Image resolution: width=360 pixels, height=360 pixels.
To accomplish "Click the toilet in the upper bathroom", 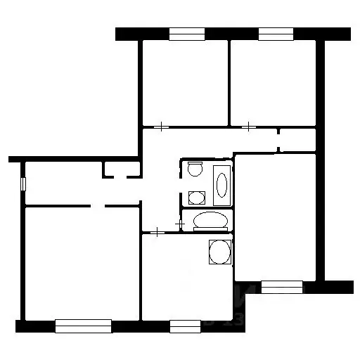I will click(195, 169).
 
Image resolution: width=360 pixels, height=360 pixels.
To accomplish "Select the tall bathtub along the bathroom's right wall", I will click(221, 185).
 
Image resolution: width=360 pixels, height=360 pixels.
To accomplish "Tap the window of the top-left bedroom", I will click(186, 34).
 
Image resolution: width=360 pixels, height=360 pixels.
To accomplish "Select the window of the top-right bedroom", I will click(276, 34).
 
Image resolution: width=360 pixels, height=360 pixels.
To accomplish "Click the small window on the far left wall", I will click(24, 184).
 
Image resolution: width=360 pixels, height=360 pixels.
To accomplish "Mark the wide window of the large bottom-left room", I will click(83, 326).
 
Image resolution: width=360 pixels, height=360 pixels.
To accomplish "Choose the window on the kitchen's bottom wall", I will click(185, 326).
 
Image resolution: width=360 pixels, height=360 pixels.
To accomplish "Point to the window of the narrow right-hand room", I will click(282, 286).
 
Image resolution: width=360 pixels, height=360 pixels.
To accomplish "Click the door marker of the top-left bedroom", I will click(162, 127).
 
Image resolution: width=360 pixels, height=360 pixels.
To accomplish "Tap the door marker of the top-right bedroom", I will click(250, 127).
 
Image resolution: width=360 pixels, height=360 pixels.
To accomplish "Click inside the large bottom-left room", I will click(81, 264).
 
